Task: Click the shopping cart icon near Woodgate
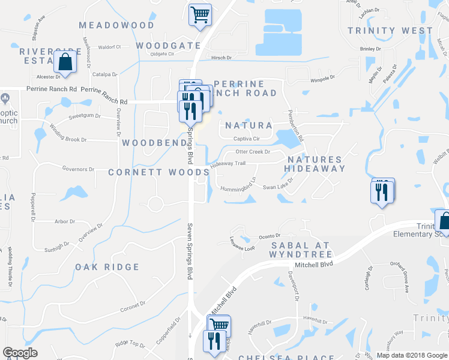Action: coord(200,14)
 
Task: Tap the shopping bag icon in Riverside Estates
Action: coord(64,62)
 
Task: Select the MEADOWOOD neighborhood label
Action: coord(116,25)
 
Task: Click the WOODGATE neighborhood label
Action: coord(168,46)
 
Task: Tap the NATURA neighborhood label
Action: coord(249,126)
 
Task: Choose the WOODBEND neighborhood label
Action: coord(151,143)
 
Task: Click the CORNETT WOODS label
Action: coord(158,172)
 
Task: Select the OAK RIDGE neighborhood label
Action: coord(107,267)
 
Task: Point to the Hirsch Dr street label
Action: coord(221,58)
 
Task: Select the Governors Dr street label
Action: coord(79,169)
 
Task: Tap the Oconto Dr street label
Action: coord(270,236)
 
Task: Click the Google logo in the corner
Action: coord(20,353)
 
